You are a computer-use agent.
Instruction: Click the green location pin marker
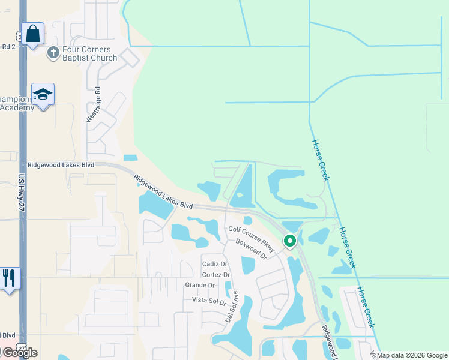pyautogui.click(x=290, y=241)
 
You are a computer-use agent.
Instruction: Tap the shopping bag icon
pyautogui.click(x=33, y=34)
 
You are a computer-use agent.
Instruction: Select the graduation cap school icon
pyautogui.click(x=43, y=95)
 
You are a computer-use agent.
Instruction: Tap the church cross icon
pyautogui.click(x=53, y=53)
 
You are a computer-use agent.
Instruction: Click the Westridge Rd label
pyautogui.click(x=92, y=105)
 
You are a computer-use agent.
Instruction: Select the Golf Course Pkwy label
pyautogui.click(x=250, y=237)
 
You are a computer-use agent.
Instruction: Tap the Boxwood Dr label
pyautogui.click(x=251, y=249)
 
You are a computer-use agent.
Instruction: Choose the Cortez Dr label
pyautogui.click(x=215, y=275)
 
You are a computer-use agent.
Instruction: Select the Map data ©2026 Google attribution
pyautogui.click(x=412, y=355)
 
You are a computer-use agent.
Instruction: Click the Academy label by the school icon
pyautogui.click(x=17, y=107)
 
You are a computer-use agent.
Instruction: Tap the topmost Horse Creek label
pyautogui.click(x=321, y=160)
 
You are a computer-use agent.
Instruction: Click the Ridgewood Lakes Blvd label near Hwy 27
pyautogui.click(x=61, y=164)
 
